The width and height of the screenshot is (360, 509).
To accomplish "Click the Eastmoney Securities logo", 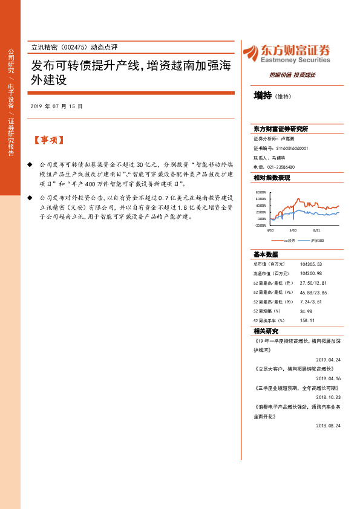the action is (x=286, y=53).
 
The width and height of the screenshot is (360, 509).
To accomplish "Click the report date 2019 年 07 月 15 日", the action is (x=56, y=106).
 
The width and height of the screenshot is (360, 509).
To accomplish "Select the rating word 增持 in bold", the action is (x=263, y=96).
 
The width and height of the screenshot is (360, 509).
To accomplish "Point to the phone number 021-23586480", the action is (x=281, y=167).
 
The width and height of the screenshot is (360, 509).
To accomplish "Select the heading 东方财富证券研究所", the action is (x=281, y=129).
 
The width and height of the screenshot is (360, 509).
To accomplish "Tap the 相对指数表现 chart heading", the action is (x=272, y=178).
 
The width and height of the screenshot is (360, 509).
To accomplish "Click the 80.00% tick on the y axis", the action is (x=261, y=192).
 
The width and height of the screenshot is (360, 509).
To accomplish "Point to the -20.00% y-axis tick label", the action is (x=261, y=225).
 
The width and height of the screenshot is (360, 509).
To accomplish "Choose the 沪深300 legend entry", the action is (x=317, y=240).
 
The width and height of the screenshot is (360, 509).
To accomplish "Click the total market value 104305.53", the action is (x=311, y=264).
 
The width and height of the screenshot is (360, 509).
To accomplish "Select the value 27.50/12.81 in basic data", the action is (x=313, y=283).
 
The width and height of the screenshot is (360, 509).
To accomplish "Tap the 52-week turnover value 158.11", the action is (x=307, y=320).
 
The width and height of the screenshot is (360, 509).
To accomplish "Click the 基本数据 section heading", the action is (x=266, y=254).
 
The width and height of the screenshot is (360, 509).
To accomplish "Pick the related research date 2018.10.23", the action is (x=329, y=397).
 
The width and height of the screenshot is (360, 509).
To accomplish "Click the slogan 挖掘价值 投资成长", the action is (x=292, y=75).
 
